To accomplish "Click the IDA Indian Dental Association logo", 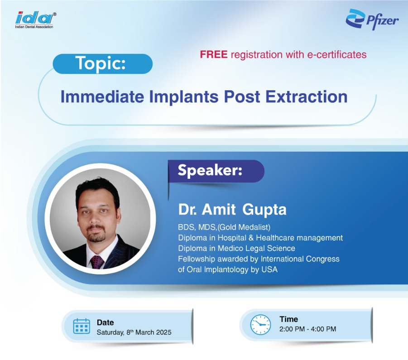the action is click(35, 20).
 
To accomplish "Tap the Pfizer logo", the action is click(372, 19).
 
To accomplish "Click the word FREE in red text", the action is click(214, 55).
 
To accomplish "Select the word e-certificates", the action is click(337, 55).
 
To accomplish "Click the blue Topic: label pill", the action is click(102, 64).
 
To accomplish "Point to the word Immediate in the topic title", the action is click(102, 97).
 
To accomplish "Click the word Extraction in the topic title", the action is click(306, 97).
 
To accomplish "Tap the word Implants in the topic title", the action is click(184, 97).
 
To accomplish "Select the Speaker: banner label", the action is click(216, 171).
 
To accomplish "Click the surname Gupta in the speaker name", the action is click(264, 210).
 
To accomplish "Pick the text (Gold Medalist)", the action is click(244, 227).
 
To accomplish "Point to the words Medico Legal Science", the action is click(256, 249).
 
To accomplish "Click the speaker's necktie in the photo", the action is click(96, 262).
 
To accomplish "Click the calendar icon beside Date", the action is click(82, 326).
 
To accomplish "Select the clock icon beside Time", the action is click(260, 325).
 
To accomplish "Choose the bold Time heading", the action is click(289, 319).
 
